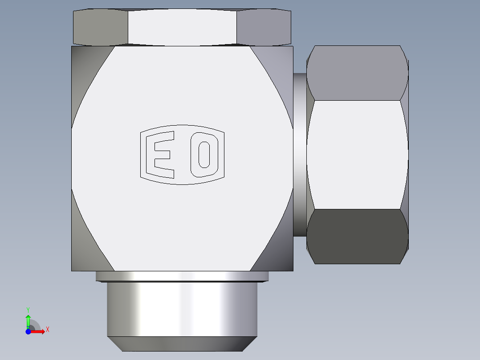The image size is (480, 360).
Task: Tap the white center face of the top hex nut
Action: (182, 27)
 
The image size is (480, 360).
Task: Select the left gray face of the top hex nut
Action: (101, 27)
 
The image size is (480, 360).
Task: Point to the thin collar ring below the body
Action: (182, 276)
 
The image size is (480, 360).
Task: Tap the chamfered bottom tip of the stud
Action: (182, 344)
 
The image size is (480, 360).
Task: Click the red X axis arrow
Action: (39, 331)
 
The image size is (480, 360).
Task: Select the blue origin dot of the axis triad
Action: (28, 331)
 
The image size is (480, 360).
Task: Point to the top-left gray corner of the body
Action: (85, 67)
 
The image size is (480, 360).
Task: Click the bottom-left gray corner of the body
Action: (85, 250)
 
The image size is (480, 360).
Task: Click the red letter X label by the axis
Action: (48, 330)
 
